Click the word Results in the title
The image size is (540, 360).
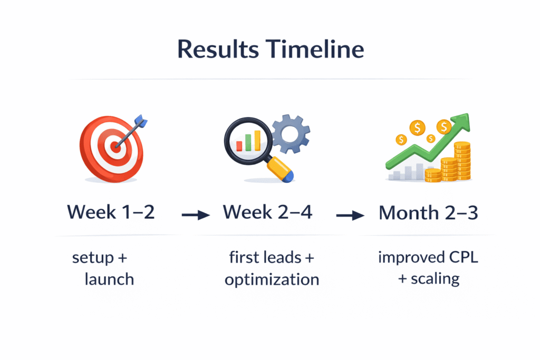pyautogui.click(x=218, y=49)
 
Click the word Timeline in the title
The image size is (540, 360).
pyautogui.click(x=315, y=48)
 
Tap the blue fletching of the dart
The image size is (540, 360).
pyautogui.click(x=141, y=121)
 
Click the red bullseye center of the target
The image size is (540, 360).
pyautogui.click(x=115, y=147)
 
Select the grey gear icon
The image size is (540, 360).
pyautogui.click(x=291, y=133)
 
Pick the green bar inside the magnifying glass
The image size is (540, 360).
pyautogui.click(x=248, y=142)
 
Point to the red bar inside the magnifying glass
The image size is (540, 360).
pyautogui.click(x=239, y=146)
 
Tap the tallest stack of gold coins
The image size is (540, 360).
pyautogui.click(x=462, y=161)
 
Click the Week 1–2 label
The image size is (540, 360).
pyautogui.click(x=111, y=212)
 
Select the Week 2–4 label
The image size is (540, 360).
pyautogui.click(x=267, y=212)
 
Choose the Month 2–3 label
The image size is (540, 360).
pyautogui.click(x=428, y=213)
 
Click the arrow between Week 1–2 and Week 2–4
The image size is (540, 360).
pyautogui.click(x=196, y=215)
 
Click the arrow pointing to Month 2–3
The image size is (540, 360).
pyautogui.click(x=350, y=216)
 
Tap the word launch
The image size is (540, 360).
pyautogui.click(x=109, y=279)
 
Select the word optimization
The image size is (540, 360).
pyautogui.click(x=272, y=280)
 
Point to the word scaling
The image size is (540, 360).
pyautogui.click(x=435, y=279)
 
